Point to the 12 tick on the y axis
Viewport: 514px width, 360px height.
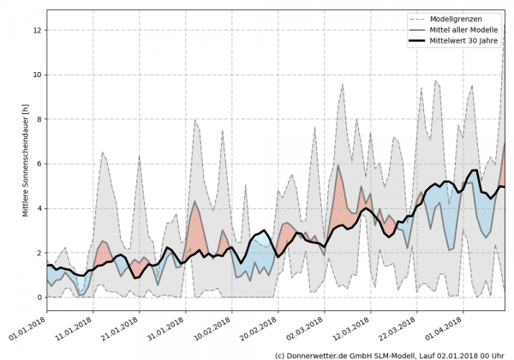37,30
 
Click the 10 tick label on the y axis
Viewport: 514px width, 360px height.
37,75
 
